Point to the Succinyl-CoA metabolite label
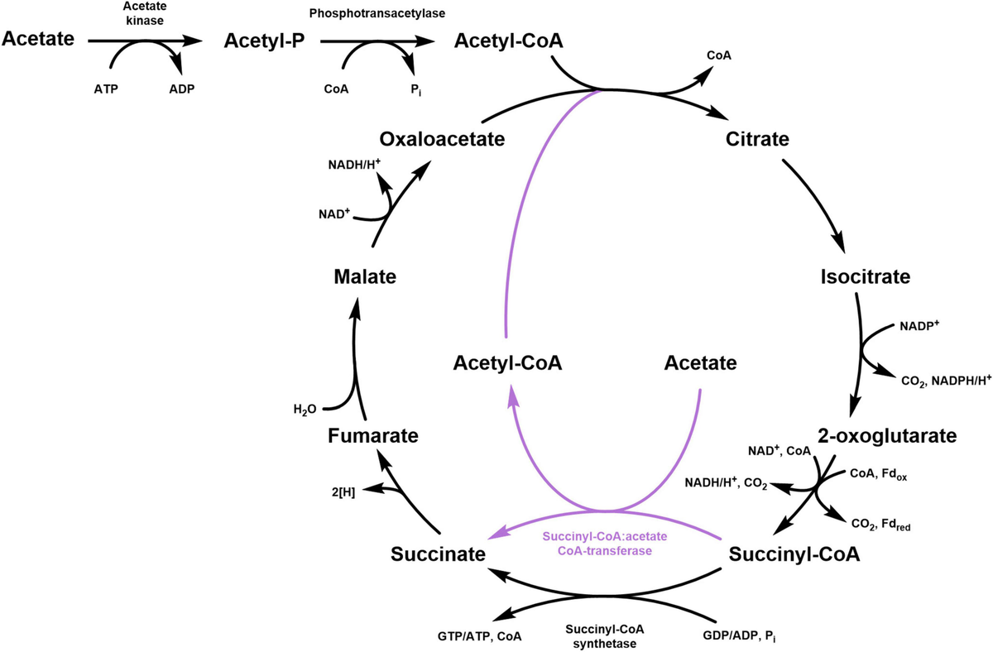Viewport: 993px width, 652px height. tap(794, 554)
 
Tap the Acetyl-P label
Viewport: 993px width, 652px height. tap(260, 39)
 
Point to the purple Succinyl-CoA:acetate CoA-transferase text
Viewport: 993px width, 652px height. tap(605, 543)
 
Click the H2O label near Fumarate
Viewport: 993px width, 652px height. tap(305, 409)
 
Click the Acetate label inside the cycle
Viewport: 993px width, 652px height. tap(700, 363)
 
